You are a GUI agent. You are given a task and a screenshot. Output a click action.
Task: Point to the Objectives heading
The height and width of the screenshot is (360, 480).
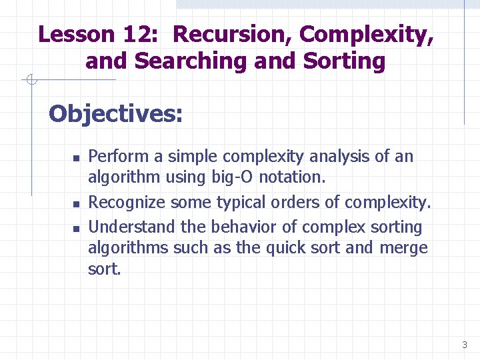115,114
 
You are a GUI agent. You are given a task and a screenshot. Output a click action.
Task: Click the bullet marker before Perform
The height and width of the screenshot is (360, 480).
76,159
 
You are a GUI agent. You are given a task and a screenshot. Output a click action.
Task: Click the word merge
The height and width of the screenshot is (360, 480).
404,249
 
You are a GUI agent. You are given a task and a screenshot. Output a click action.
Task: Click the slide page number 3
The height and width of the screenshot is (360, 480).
464,345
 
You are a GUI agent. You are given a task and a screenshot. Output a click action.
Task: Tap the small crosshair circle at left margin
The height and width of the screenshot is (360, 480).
30,81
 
